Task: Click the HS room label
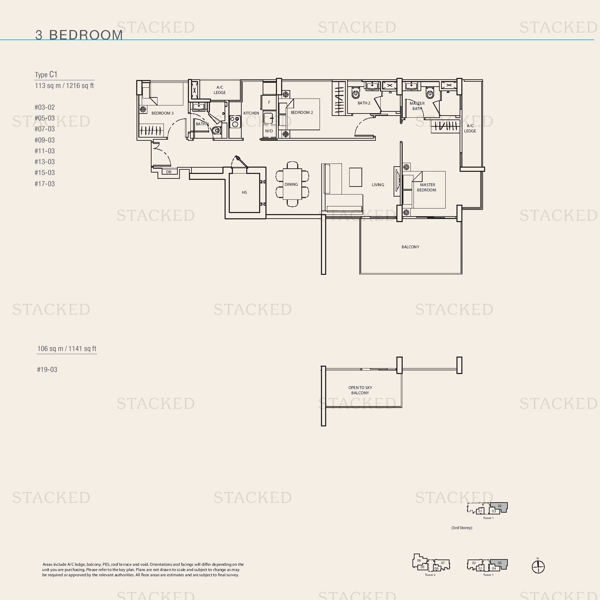tap(244, 192)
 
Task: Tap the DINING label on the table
tap(291, 184)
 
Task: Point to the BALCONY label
tap(410, 247)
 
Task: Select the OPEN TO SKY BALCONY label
tap(360, 390)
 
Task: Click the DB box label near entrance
tap(169, 172)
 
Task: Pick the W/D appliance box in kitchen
tap(269, 131)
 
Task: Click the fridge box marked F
tap(269, 102)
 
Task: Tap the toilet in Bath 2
tap(356, 93)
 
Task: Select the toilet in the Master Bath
tap(430, 93)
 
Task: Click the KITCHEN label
tap(251, 113)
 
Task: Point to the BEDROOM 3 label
tap(162, 113)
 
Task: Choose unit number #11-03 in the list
tap(45, 151)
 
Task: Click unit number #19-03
tap(47, 369)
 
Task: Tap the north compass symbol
tap(538, 566)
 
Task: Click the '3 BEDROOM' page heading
tap(79, 35)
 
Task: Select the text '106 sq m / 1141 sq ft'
tap(67, 349)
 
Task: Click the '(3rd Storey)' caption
tap(462, 528)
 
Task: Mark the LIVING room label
tap(378, 185)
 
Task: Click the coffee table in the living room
tap(356, 177)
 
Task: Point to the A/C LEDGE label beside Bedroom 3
tap(220, 90)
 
